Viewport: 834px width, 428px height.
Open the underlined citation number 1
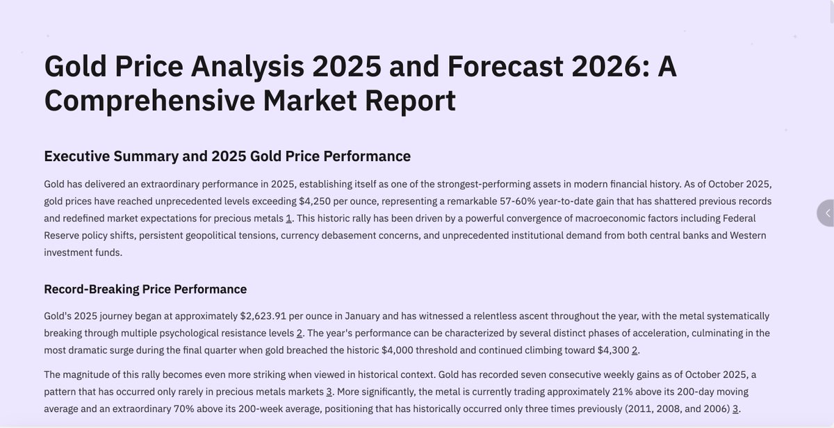click(x=288, y=218)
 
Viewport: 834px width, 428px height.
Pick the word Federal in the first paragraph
click(x=735, y=218)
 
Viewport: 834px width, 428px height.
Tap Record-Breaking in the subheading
click(x=90, y=289)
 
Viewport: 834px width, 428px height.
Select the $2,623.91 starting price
click(x=263, y=316)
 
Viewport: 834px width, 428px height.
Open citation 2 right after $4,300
click(x=635, y=350)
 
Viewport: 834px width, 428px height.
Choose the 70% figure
click(x=184, y=409)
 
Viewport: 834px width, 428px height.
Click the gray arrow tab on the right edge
click(x=826, y=213)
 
